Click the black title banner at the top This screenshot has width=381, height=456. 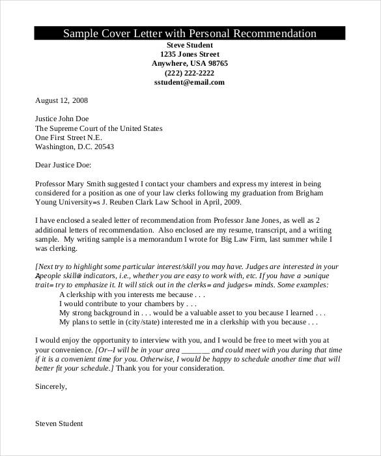[190, 34]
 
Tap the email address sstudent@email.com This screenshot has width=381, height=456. [190, 83]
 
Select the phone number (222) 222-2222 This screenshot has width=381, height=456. [190, 73]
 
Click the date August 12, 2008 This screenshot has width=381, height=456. [61, 101]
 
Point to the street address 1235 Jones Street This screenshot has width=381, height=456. [190, 54]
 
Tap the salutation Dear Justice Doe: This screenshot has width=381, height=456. [64, 165]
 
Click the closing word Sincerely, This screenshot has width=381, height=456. [51, 386]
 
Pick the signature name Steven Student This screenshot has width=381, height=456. [59, 423]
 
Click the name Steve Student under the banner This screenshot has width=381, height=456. [190, 45]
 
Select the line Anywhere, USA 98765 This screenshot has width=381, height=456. [190, 64]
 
